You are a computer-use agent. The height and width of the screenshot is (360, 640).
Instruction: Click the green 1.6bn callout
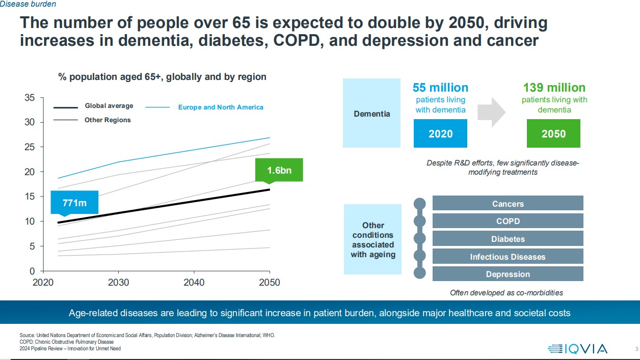(x=279, y=170)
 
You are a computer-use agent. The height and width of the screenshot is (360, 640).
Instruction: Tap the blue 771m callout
(x=74, y=203)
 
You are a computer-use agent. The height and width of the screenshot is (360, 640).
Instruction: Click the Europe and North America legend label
(x=220, y=107)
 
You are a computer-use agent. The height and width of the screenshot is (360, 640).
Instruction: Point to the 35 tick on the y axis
(x=30, y=98)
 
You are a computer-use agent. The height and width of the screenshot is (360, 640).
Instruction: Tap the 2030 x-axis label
(x=118, y=283)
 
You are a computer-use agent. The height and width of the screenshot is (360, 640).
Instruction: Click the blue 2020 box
(x=440, y=134)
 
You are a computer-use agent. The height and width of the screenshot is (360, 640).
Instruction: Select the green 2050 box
(x=553, y=134)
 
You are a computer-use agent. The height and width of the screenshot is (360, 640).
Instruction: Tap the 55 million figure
(x=440, y=88)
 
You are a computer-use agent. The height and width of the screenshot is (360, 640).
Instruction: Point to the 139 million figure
(x=554, y=88)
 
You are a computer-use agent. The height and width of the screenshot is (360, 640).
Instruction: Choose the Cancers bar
(x=508, y=204)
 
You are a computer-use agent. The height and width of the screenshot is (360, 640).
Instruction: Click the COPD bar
(x=508, y=221)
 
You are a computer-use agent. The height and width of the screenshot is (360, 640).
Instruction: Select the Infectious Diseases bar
(x=508, y=257)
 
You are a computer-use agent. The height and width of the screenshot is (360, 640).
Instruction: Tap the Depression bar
(x=508, y=274)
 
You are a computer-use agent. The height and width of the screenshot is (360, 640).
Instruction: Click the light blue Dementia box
(x=371, y=113)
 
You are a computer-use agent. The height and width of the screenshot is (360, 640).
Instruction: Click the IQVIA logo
(x=577, y=349)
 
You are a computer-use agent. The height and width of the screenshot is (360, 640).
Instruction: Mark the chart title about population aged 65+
(x=162, y=77)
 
